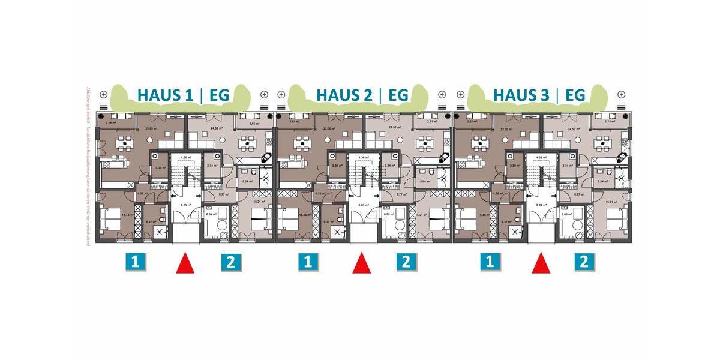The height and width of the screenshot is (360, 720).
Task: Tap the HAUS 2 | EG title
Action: (x=362, y=95)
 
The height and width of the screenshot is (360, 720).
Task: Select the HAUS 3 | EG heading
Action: (x=539, y=95)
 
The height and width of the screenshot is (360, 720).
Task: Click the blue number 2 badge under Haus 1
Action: (x=231, y=262)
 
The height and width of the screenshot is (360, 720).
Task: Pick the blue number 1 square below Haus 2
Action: (x=308, y=262)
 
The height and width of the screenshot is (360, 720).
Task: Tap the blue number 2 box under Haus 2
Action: (x=406, y=262)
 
